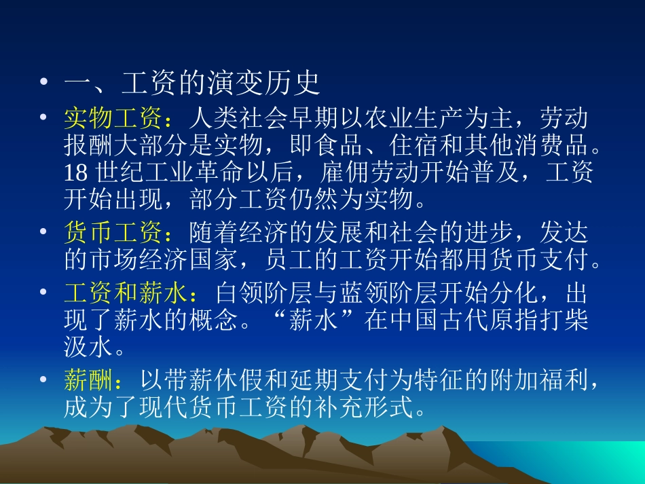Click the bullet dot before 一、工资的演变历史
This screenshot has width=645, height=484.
pos(44,85)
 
